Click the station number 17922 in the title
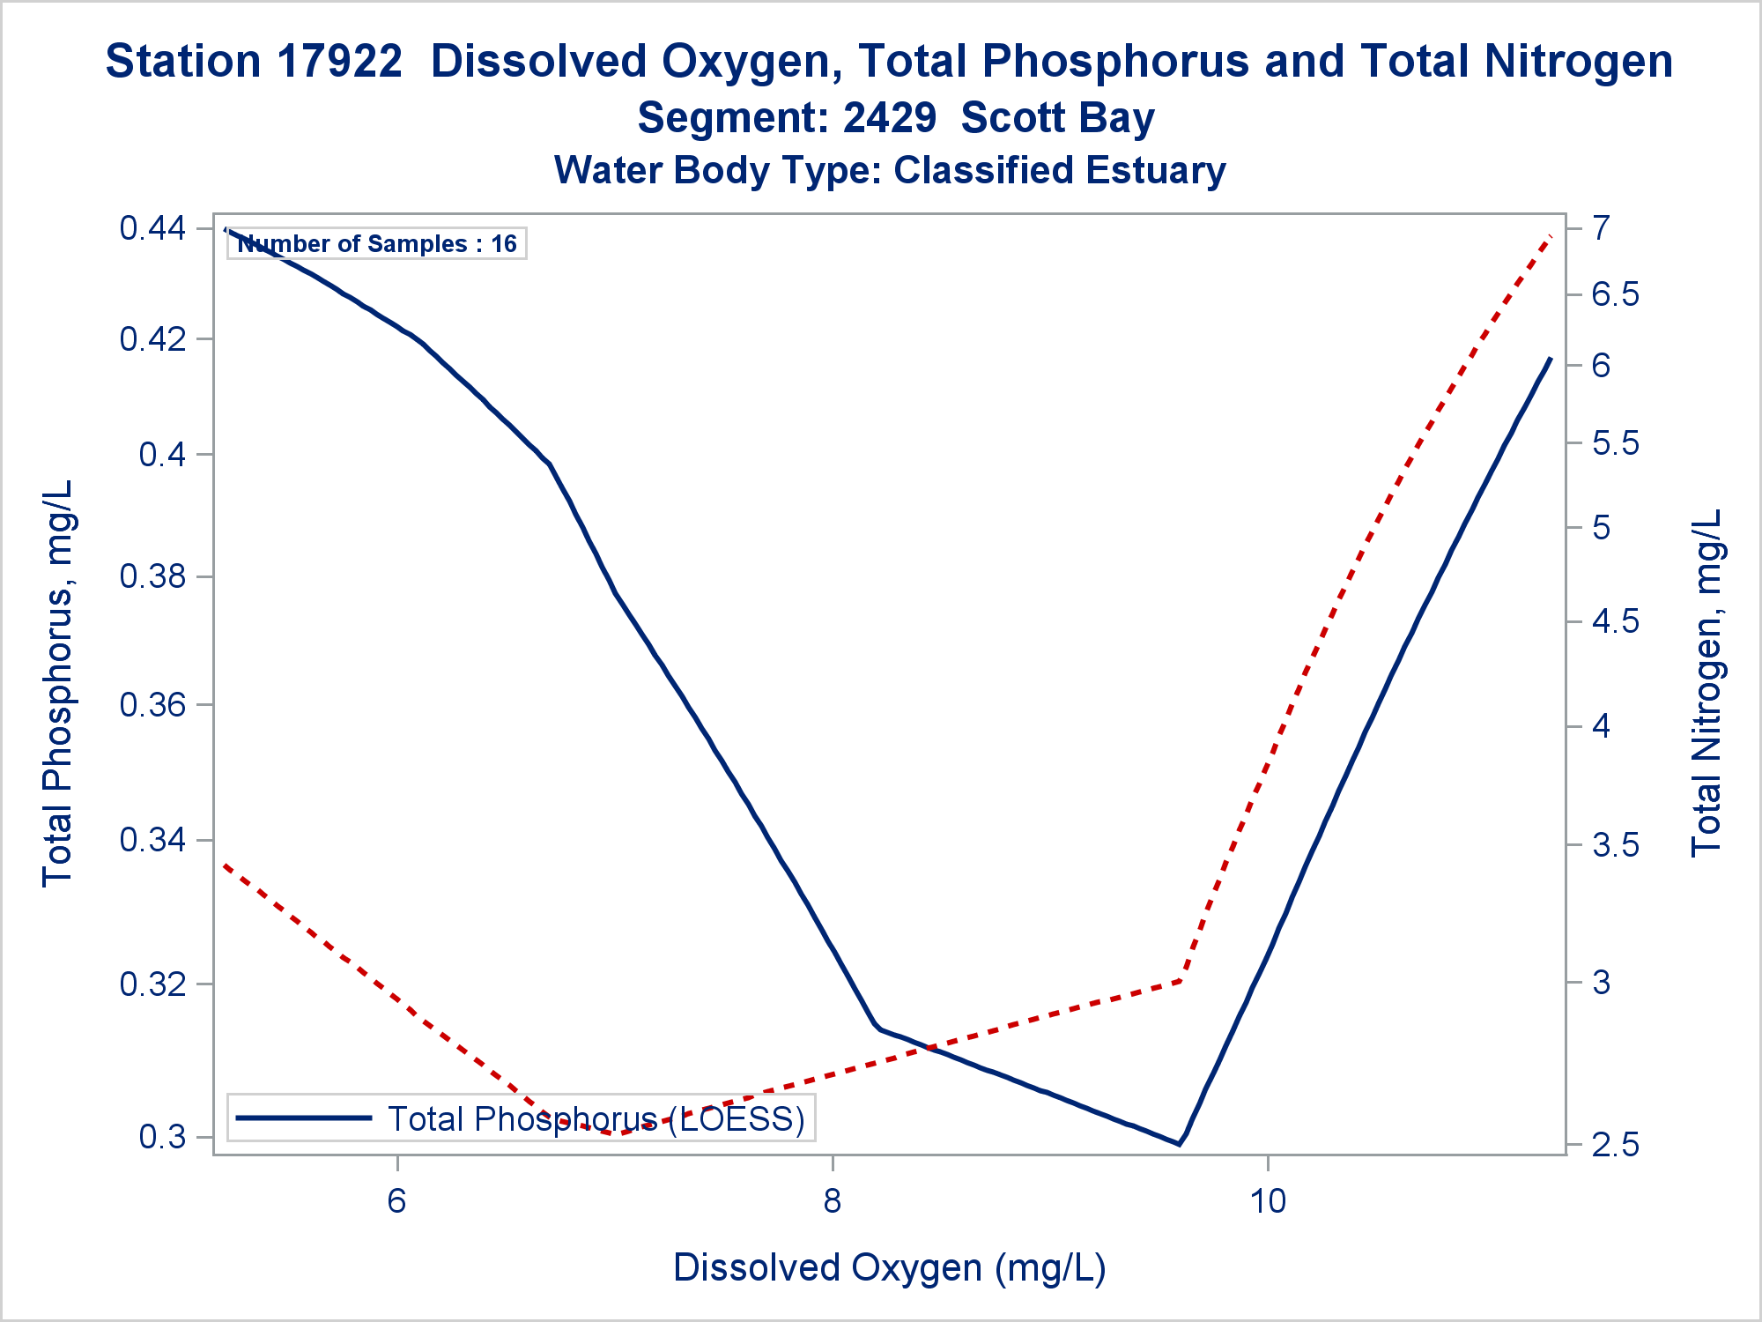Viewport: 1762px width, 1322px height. (339, 62)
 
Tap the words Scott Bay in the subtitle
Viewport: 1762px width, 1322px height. (1057, 118)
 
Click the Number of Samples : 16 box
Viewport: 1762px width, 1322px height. (377, 244)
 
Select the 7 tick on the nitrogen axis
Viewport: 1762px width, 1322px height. (1601, 228)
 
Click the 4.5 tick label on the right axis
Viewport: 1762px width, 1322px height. (1614, 622)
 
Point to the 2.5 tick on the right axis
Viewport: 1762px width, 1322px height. (1614, 1146)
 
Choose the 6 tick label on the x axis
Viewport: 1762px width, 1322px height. (397, 1200)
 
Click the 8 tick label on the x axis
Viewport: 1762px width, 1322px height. (833, 1200)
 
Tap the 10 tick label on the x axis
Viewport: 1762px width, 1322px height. (1268, 1200)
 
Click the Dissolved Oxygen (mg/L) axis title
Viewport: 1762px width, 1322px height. (889, 1268)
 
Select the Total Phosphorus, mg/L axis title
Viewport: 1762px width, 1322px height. (58, 683)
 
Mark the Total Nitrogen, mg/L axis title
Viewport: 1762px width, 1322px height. (1706, 683)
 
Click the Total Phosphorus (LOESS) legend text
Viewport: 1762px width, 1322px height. (596, 1119)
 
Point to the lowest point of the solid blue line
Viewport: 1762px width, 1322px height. (1179, 1144)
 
